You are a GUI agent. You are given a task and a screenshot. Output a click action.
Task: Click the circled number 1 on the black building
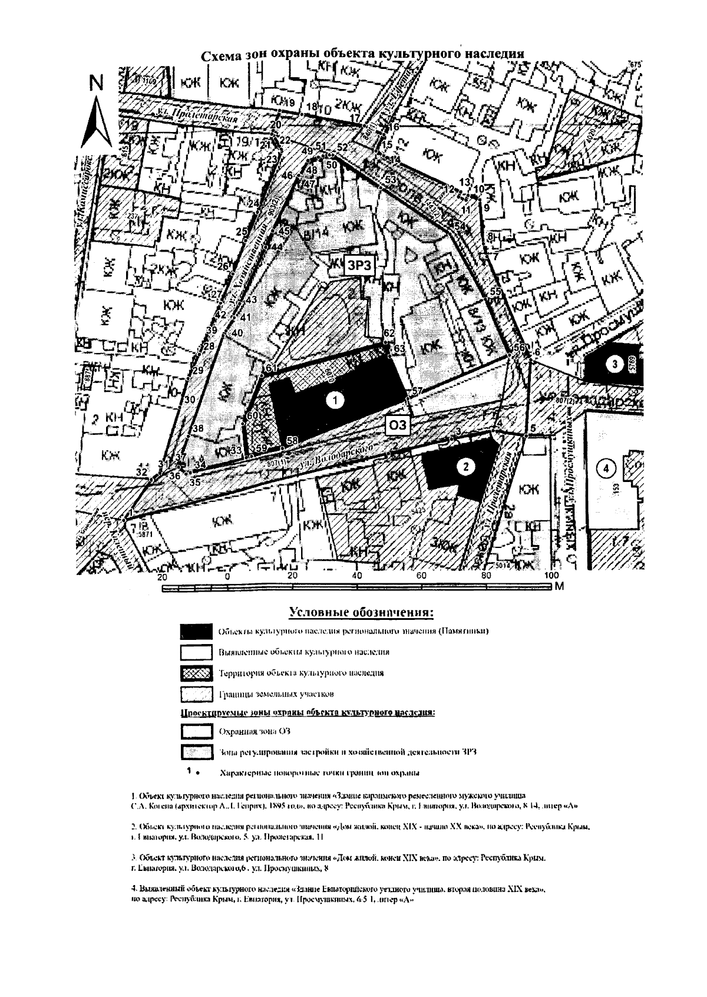(335, 401)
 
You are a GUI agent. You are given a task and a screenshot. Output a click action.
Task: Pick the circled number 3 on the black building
(615, 364)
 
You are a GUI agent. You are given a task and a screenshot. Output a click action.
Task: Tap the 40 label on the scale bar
(356, 576)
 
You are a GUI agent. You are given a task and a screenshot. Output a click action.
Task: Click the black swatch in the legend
(196, 632)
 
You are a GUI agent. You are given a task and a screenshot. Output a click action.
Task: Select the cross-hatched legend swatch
(196, 673)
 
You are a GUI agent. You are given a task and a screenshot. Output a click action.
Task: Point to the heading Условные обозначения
(362, 612)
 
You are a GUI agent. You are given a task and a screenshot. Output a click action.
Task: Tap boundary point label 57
(417, 391)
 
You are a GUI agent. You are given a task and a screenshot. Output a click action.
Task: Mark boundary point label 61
(271, 368)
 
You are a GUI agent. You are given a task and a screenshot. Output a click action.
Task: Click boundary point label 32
(141, 472)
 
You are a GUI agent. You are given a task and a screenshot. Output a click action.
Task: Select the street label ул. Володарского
(336, 457)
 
